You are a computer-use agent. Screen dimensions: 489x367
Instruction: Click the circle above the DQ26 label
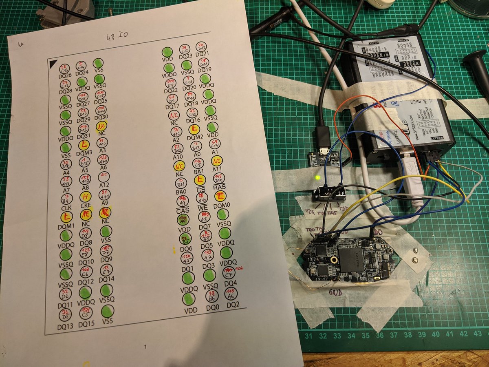pos(64,68)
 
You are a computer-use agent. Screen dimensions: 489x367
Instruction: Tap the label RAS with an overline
pos(219,187)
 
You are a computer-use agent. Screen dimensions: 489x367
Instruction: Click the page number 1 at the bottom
pos(145,347)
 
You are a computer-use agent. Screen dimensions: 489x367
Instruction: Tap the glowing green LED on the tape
pos(317,178)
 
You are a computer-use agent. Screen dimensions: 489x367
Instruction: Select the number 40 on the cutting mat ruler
pos(435,334)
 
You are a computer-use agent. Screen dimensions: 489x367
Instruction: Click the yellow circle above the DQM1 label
pos(66,217)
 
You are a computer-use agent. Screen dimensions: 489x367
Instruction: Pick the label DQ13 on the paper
pos(65,325)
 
